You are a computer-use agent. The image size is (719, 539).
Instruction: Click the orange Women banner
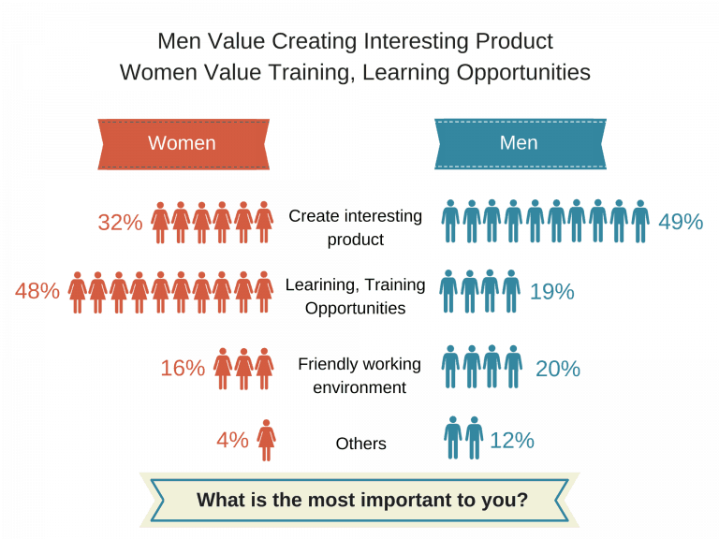[183, 144]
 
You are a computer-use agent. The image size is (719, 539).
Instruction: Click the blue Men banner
[521, 144]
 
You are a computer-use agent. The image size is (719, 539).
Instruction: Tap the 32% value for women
[120, 223]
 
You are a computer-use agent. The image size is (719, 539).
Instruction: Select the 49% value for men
[681, 222]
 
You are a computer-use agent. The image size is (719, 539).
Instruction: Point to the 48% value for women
[37, 291]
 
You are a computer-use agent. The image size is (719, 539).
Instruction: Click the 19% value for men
[552, 292]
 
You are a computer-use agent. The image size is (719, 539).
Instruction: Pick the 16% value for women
[183, 368]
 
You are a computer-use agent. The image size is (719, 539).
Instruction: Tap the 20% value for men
[558, 369]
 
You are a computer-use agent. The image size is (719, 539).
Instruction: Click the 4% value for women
[232, 441]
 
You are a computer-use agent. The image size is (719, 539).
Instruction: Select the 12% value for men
[512, 441]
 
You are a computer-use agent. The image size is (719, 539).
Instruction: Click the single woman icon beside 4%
[267, 440]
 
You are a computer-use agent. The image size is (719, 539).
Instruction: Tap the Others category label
[360, 444]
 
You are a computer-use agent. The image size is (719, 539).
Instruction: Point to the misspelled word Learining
[319, 285]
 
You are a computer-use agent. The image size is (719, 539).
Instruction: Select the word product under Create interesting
[356, 240]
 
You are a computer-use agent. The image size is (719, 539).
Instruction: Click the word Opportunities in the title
[523, 73]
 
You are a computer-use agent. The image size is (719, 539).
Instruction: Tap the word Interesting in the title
[417, 41]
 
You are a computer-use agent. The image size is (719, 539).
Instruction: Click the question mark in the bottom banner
[521, 499]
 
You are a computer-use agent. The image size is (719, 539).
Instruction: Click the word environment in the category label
[359, 387]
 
